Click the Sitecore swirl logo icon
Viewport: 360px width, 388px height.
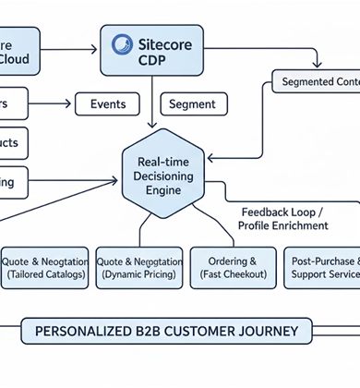tap(122, 44)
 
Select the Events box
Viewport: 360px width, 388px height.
tap(108, 104)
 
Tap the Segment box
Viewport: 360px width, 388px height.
tap(193, 104)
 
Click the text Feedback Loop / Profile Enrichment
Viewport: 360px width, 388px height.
tap(282, 218)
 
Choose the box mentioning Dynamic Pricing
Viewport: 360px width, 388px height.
tap(138, 268)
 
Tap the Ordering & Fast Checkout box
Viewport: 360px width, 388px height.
tap(226, 268)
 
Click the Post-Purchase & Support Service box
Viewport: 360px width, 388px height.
tap(321, 268)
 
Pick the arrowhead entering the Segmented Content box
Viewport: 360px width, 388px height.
tap(318, 67)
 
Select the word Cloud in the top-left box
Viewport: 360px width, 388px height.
tap(14, 59)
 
